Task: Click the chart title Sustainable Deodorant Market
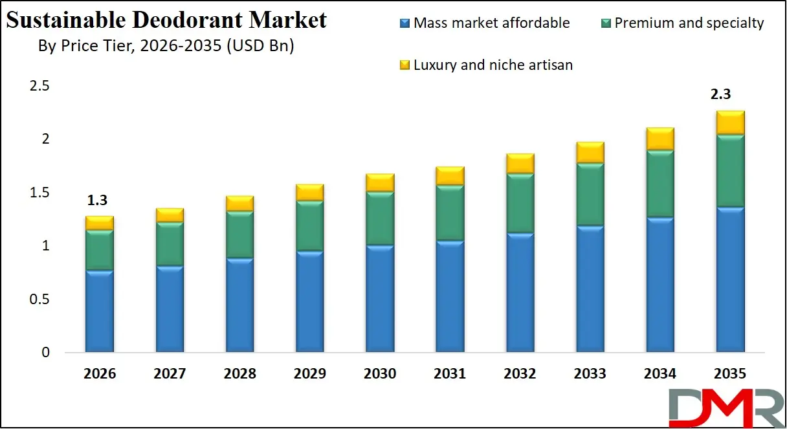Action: (x=166, y=20)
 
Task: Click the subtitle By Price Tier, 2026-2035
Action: (x=166, y=47)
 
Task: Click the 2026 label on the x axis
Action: (x=100, y=374)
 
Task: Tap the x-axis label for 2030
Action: (x=380, y=374)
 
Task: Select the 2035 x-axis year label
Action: (x=730, y=374)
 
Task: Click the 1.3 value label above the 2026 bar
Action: (x=98, y=201)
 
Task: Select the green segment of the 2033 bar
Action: (x=590, y=195)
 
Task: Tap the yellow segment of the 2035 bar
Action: (x=730, y=123)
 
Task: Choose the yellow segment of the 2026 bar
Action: (x=99, y=223)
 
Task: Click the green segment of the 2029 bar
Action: (x=309, y=226)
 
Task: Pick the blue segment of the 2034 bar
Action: (x=660, y=285)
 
